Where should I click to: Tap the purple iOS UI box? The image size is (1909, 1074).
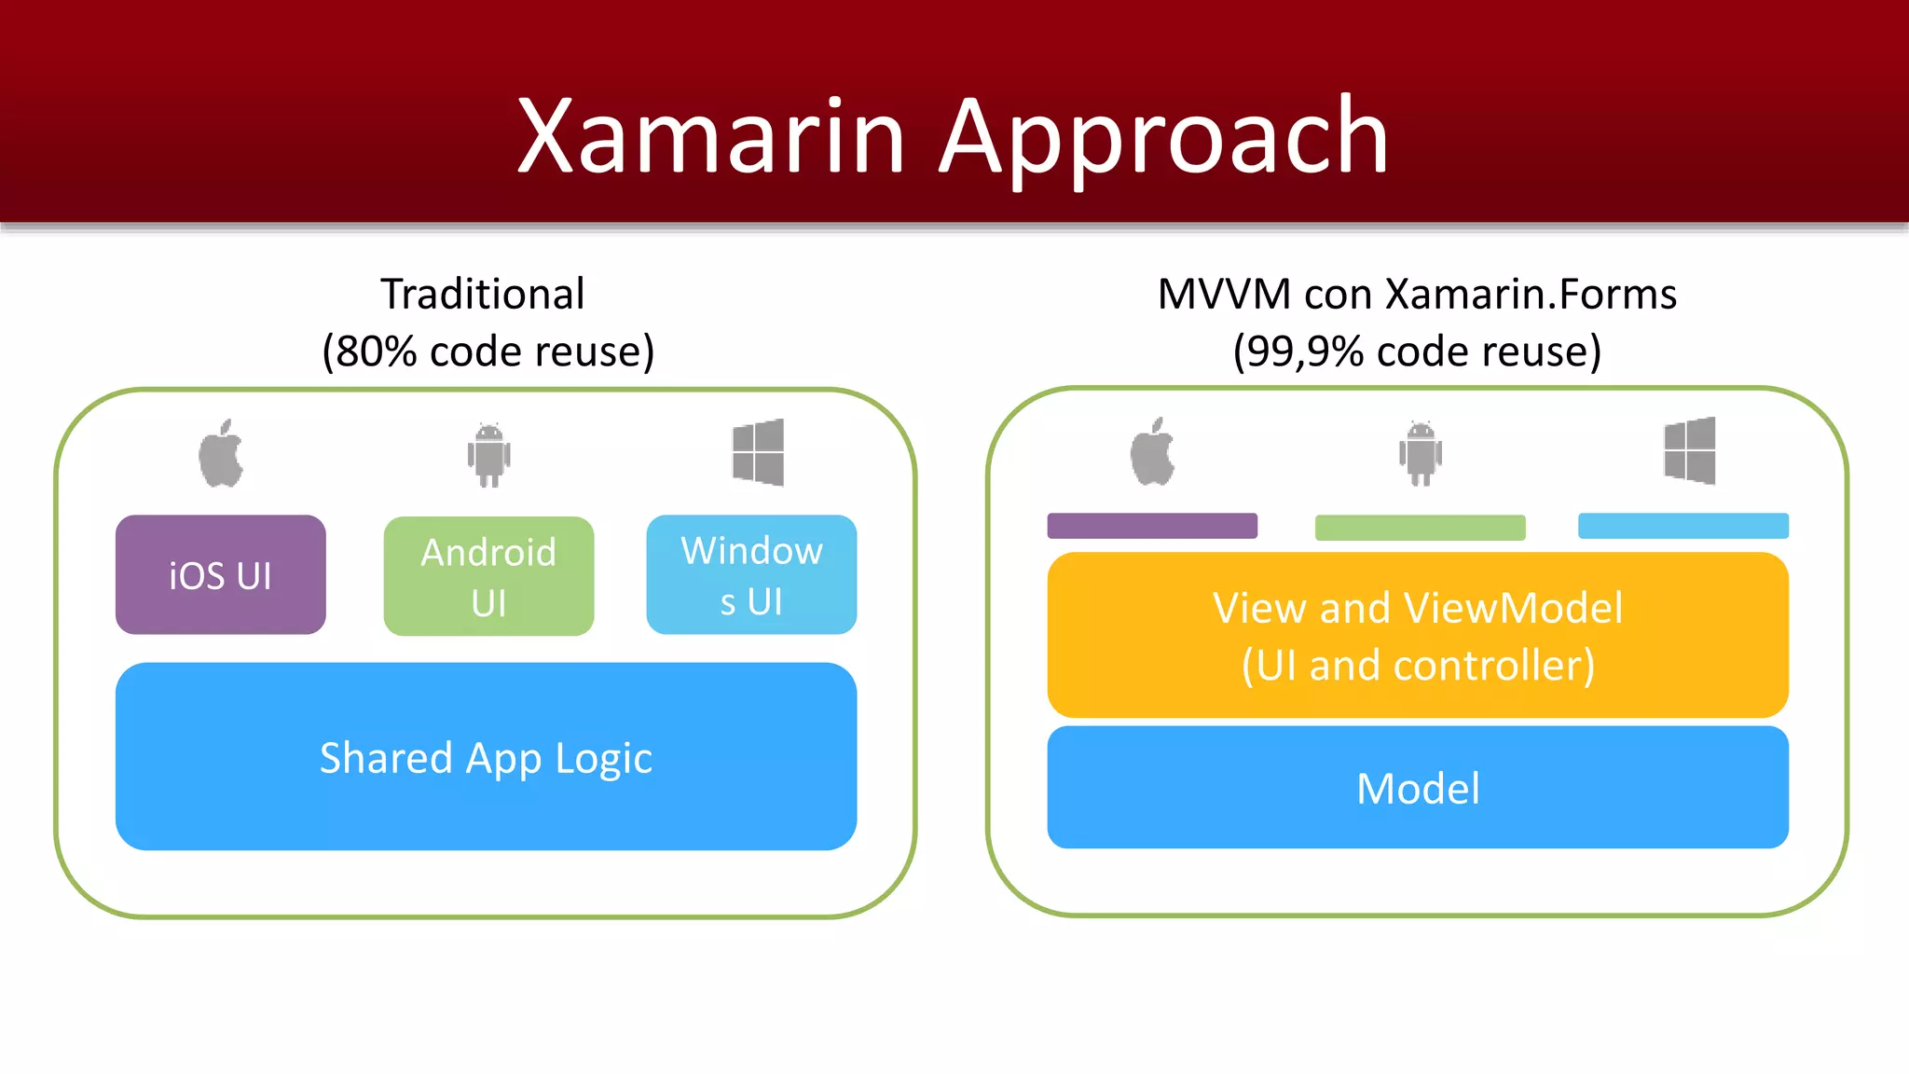[221, 575]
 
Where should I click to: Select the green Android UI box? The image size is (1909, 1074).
[488, 576]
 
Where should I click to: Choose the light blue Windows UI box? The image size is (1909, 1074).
[751, 575]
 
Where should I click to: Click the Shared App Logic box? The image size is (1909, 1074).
[486, 756]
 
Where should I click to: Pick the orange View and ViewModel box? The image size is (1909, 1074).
[1417, 635]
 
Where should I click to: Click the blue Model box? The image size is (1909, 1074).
[1417, 788]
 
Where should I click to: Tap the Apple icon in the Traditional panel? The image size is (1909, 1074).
[221, 454]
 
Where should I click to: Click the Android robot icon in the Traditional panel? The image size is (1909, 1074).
[488, 454]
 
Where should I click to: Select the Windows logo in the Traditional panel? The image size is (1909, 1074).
[758, 452]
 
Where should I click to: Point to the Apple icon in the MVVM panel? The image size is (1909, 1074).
[1152, 452]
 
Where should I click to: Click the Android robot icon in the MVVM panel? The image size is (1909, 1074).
[1420, 453]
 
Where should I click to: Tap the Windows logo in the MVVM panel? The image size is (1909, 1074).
[1689, 450]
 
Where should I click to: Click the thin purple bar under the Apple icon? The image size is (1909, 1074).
[1152, 526]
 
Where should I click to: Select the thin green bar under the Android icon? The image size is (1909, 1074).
[1420, 528]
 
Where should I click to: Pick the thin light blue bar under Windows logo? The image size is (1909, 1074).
[1682, 526]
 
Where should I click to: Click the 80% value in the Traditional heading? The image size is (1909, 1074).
[376, 352]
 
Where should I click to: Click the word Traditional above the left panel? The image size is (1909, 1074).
[483, 295]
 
